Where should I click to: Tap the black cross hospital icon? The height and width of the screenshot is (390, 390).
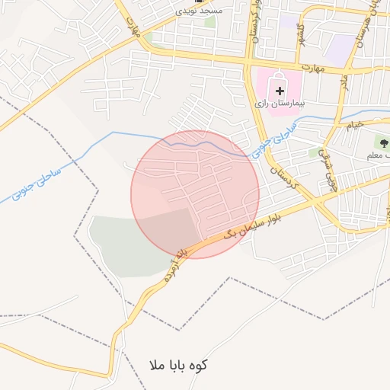click(280, 91)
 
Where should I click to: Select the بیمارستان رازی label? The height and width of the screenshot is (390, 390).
click(280, 102)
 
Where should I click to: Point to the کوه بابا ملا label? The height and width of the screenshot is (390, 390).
click(177, 365)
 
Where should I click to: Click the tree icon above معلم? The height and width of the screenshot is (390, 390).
click(382, 142)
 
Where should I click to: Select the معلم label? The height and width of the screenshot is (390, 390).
click(379, 155)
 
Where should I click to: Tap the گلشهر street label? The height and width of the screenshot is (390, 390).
click(303, 36)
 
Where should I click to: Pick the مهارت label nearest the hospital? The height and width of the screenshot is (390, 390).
click(312, 69)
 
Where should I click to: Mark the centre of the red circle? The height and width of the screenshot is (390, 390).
click(195, 194)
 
